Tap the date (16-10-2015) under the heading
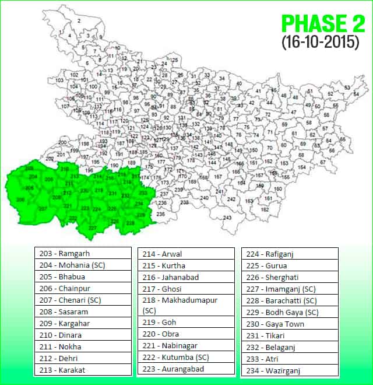(x=320, y=43)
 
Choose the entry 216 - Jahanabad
(x=186, y=277)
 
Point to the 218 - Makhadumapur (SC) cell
(x=186, y=305)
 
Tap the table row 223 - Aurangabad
(x=186, y=369)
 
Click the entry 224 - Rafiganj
(x=290, y=254)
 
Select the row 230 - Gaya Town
(x=290, y=324)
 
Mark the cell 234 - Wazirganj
(x=290, y=370)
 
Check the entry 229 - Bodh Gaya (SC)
(x=290, y=312)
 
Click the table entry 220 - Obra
(x=186, y=334)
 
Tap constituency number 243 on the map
(x=227, y=218)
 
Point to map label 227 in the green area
(x=92, y=228)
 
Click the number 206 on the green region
(x=29, y=188)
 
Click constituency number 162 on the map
(x=265, y=209)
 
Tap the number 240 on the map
(x=204, y=198)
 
